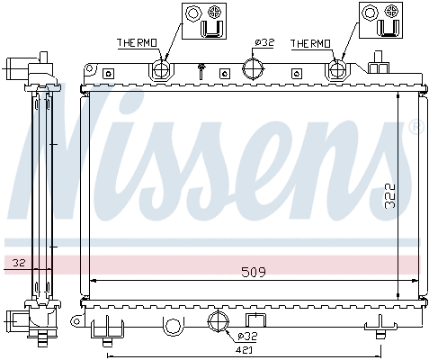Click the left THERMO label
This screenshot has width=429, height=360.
click(x=137, y=43)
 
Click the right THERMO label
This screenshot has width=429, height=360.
click(x=311, y=43)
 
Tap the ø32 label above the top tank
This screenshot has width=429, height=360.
click(x=264, y=42)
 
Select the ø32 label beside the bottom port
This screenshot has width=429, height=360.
click(x=246, y=335)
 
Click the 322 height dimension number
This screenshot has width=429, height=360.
click(x=389, y=195)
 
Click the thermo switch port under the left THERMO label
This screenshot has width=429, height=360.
click(x=162, y=69)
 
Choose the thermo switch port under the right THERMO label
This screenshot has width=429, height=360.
click(x=337, y=69)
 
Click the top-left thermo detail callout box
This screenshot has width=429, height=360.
click(x=202, y=22)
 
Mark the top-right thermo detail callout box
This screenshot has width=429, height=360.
click(x=379, y=22)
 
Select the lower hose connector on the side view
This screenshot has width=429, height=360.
click(x=21, y=319)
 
